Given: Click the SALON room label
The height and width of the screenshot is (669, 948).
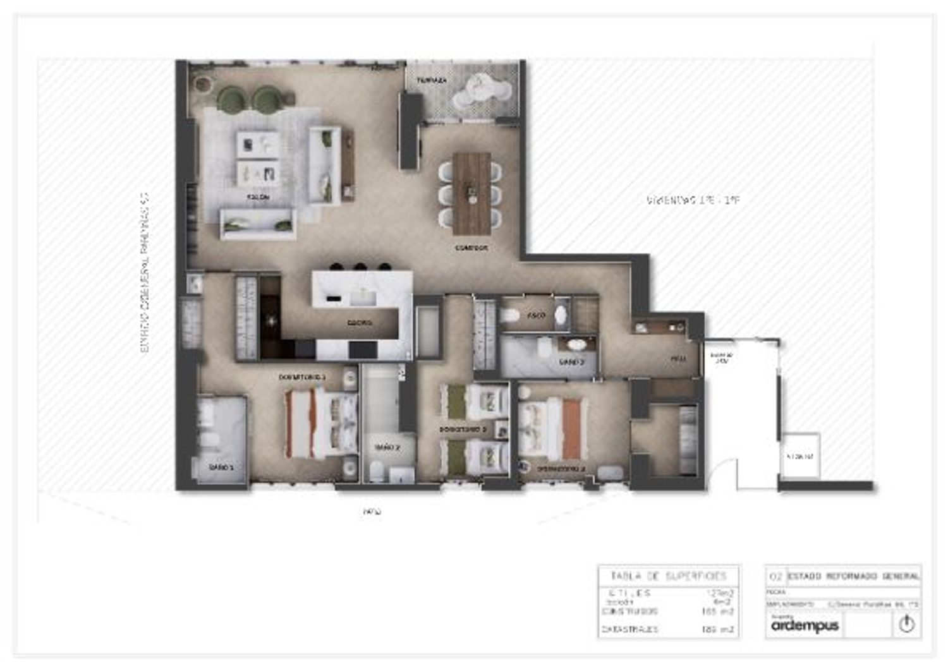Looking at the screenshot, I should pyautogui.click(x=258, y=197).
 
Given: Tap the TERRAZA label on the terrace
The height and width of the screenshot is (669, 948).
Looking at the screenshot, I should pyautogui.click(x=432, y=81).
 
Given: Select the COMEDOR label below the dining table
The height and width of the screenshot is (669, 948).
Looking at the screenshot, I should pyautogui.click(x=471, y=248).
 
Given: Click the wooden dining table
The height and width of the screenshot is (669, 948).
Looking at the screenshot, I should pyautogui.click(x=471, y=193).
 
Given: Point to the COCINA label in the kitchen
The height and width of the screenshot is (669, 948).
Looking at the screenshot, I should pyautogui.click(x=359, y=323).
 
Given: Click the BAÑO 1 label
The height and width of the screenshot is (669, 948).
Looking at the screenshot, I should pyautogui.click(x=221, y=467).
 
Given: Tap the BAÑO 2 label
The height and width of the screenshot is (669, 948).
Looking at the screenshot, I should pyautogui.click(x=387, y=447).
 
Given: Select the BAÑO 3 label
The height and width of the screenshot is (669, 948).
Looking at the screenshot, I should pyautogui.click(x=571, y=362).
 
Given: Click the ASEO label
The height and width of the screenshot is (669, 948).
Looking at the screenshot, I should pyautogui.click(x=536, y=315).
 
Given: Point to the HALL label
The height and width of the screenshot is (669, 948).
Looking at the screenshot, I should pyautogui.click(x=678, y=359).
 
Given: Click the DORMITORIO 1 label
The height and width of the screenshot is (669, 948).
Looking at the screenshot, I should pyautogui.click(x=302, y=377).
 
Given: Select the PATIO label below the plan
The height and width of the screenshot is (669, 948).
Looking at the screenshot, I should pyautogui.click(x=372, y=512).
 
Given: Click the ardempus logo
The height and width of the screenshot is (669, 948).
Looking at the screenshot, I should pyautogui.click(x=805, y=625).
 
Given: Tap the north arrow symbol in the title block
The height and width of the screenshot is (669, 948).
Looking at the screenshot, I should pyautogui.click(x=907, y=624).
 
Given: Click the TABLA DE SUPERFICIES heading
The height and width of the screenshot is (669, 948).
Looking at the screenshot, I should pyautogui.click(x=669, y=576).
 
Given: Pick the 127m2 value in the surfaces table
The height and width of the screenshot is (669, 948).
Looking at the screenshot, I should pyautogui.click(x=720, y=593).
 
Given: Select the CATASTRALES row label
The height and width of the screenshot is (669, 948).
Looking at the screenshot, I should pyautogui.click(x=629, y=630).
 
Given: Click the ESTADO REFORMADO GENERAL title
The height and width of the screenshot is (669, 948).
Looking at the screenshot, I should pyautogui.click(x=853, y=576).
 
